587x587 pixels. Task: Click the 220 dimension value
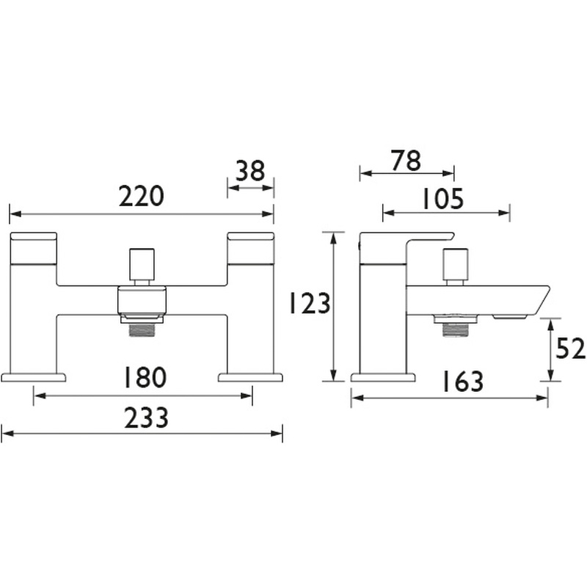coord(142,196)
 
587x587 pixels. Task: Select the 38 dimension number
coord(250,171)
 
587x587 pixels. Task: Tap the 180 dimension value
coord(145,377)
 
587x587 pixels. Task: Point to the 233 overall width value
coord(146,418)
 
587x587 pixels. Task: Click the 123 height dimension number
coord(310,303)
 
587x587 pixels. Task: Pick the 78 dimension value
coord(406,161)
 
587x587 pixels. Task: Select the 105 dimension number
coord(443,199)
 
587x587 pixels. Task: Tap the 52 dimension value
coord(571,349)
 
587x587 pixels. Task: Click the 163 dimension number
coord(463,382)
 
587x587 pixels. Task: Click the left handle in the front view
coord(34,249)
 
